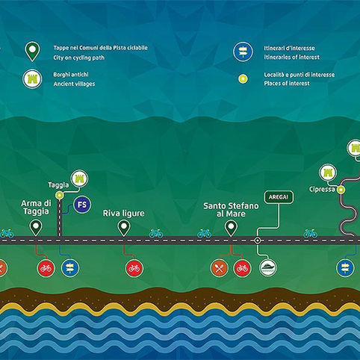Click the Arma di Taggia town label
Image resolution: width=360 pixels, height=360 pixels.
tap(36, 207)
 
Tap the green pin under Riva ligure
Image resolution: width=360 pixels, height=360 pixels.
tap(124, 229)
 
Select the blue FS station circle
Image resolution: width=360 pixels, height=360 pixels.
tap(82, 205)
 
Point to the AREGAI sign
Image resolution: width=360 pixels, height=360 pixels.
tap(279, 197)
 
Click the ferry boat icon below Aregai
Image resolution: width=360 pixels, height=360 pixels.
tap(268, 267)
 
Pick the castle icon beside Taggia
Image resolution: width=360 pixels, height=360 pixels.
tap(80, 179)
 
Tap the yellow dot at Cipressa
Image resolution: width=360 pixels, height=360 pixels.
tap(341, 190)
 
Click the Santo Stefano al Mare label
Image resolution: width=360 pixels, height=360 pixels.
tap(231, 210)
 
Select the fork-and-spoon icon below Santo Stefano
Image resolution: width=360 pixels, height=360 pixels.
tap(219, 268)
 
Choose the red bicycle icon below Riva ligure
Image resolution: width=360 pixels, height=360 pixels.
tap(134, 268)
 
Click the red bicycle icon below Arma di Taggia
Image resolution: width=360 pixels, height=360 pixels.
tap(46, 268)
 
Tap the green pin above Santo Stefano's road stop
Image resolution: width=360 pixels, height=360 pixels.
tap(231, 229)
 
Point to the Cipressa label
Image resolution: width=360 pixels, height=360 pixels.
tap(322, 189)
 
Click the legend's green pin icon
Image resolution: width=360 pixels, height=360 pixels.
tap(32, 52)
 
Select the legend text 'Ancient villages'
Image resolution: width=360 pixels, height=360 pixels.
tap(74, 84)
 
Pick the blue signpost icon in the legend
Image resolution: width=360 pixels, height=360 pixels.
tap(243, 52)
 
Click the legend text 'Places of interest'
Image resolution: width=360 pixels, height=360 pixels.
tap(287, 83)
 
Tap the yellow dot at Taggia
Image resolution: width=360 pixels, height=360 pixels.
tap(59, 196)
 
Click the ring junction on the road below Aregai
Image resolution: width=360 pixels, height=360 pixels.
tap(258, 240)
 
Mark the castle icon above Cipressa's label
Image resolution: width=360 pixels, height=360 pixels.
tap(328, 173)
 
